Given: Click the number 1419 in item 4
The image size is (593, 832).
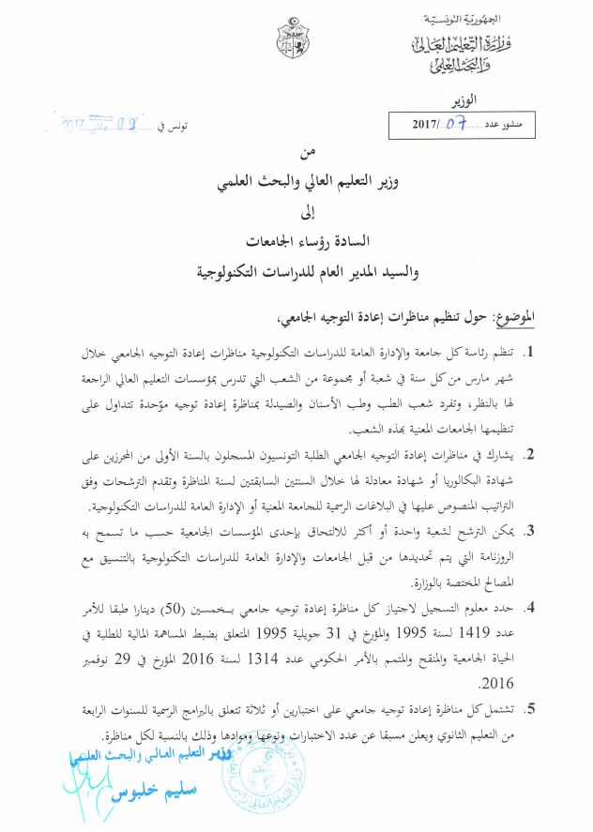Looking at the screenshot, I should click(494, 633).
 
